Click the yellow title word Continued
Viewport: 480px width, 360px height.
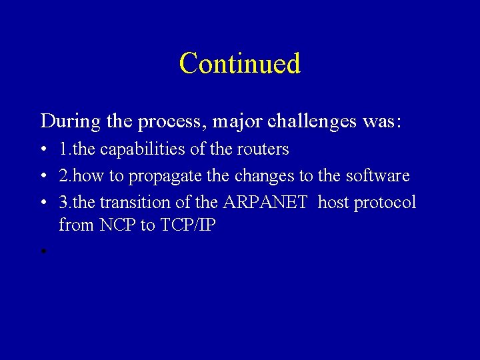[240, 64]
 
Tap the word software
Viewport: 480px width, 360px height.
[377, 176]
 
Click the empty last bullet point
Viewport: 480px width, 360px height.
[42, 252]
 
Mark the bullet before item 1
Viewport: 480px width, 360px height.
[42, 150]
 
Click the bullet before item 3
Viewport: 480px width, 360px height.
[42, 203]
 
